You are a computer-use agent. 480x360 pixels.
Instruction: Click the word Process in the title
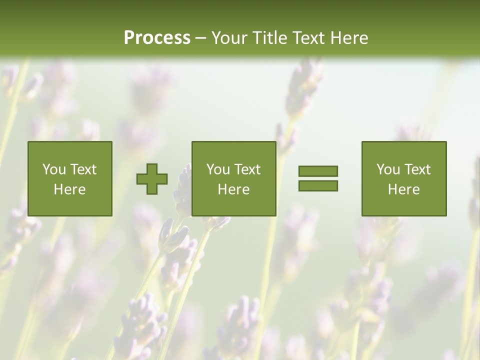pyautogui.click(x=157, y=38)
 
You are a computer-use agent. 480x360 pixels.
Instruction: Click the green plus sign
pyautogui.click(x=152, y=179)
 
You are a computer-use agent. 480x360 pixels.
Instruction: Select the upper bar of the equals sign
pyautogui.click(x=318, y=171)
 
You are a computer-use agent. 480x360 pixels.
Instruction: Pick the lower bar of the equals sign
pyautogui.click(x=318, y=186)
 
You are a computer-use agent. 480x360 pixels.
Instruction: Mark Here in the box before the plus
pyautogui.click(x=69, y=189)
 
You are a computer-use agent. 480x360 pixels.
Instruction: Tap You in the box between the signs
pyautogui.click(x=218, y=169)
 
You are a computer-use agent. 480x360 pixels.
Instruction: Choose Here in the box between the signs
pyautogui.click(x=233, y=189)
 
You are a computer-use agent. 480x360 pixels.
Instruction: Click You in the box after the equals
pyautogui.click(x=388, y=169)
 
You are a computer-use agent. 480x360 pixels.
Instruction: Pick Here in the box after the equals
pyautogui.click(x=403, y=189)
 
